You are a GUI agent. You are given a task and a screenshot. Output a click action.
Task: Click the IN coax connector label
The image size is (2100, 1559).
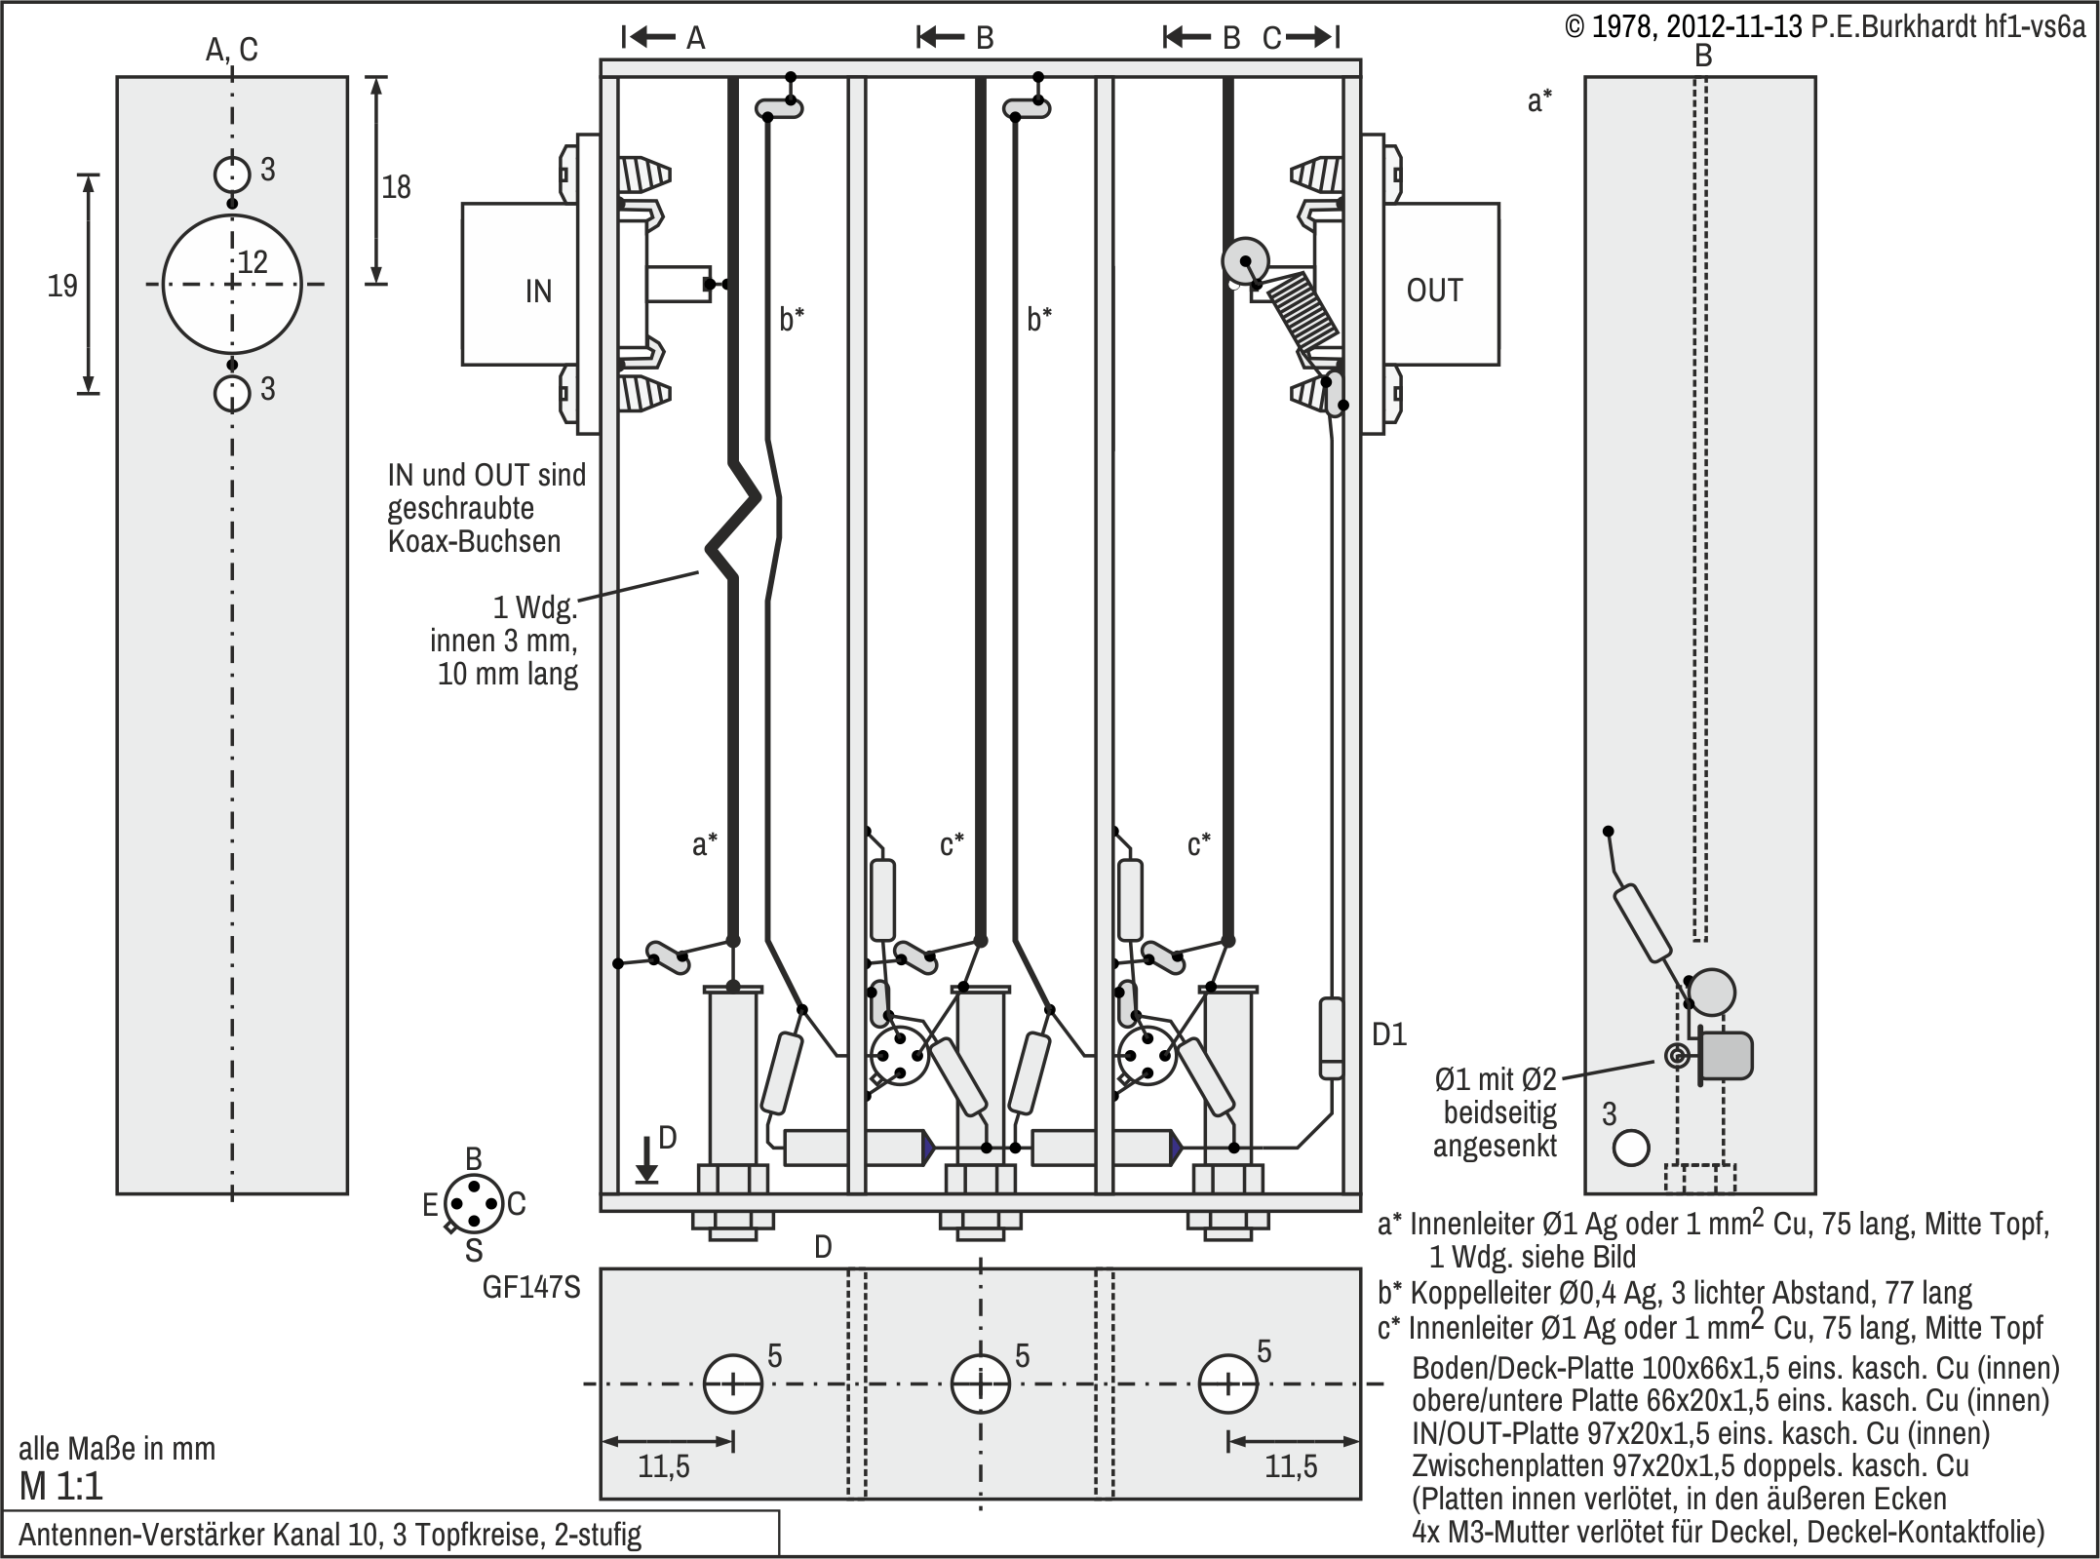click(x=538, y=292)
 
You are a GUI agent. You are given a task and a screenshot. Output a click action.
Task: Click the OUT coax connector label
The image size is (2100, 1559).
click(x=1434, y=291)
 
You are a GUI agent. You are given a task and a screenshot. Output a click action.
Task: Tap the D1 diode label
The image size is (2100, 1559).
click(x=1389, y=1034)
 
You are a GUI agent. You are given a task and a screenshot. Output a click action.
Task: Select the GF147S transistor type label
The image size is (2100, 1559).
click(x=531, y=1288)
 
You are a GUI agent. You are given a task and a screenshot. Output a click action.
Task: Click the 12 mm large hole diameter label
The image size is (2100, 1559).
click(x=253, y=261)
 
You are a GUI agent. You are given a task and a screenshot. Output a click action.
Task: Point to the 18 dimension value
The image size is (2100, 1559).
click(x=396, y=186)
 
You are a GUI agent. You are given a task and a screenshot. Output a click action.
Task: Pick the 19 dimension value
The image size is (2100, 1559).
click(x=62, y=286)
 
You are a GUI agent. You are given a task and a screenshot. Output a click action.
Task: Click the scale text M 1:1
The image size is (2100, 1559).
click(x=60, y=1487)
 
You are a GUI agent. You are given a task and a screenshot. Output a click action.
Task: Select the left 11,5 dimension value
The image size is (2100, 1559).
click(x=664, y=1466)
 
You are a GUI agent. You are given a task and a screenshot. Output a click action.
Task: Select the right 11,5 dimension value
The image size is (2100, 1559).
click(x=1291, y=1466)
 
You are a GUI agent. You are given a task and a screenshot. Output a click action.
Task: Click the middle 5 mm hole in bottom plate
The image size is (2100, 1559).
click(x=981, y=1384)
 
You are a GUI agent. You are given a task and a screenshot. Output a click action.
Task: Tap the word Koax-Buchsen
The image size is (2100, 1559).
click(x=475, y=540)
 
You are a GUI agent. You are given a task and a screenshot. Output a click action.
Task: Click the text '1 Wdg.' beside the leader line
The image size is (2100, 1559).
click(x=535, y=608)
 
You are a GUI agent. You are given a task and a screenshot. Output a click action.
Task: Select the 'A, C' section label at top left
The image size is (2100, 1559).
click(x=232, y=50)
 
